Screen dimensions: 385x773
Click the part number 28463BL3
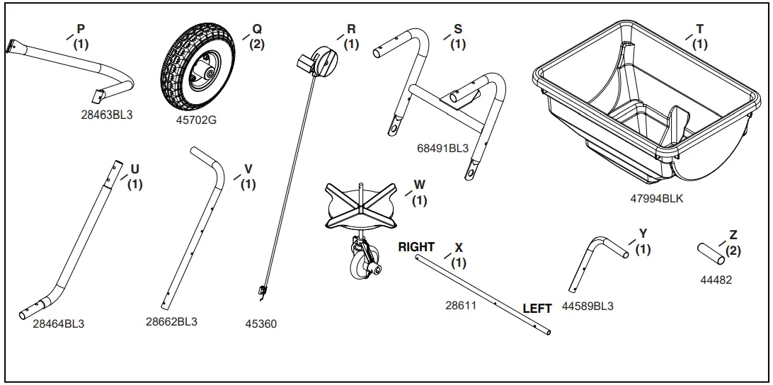(108, 115)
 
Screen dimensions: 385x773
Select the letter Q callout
(257, 29)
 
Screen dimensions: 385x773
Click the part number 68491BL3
(442, 149)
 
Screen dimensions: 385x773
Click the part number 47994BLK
(656, 199)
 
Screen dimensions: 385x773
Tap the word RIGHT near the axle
(416, 247)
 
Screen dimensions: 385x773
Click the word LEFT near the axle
(537, 309)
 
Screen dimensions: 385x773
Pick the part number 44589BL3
(588, 307)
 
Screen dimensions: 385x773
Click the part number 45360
(260, 324)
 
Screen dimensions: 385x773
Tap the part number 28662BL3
(171, 321)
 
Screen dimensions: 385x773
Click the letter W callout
(420, 185)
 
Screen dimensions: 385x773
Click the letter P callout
(81, 29)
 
